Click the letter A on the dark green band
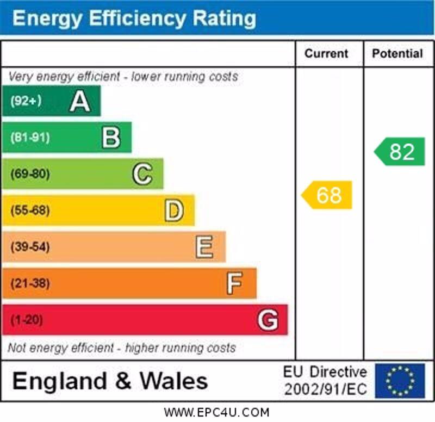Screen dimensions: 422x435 click(x=80, y=101)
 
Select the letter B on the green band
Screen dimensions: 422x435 click(x=111, y=138)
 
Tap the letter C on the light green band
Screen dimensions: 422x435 click(x=142, y=174)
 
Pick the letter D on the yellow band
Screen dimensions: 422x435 click(x=174, y=210)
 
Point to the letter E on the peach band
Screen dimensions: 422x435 click(x=204, y=247)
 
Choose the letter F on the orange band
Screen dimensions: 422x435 click(x=235, y=283)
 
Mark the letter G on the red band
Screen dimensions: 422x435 click(x=268, y=320)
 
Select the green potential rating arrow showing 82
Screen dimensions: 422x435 click(x=400, y=152)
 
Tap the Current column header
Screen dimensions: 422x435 click(x=326, y=53)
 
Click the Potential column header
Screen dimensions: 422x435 click(x=397, y=53)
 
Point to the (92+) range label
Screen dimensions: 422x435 click(x=26, y=101)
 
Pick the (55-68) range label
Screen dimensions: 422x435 click(x=30, y=210)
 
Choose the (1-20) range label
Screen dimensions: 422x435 click(x=26, y=320)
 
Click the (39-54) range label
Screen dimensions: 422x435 click(x=30, y=247)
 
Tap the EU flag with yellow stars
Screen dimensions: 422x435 click(x=400, y=381)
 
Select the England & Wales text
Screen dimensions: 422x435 click(x=110, y=381)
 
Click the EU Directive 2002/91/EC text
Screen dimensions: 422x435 click(x=325, y=381)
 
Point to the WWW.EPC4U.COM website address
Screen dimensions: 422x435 click(x=216, y=412)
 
